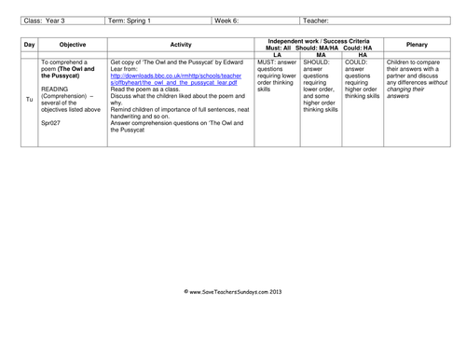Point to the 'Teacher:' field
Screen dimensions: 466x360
[x=317, y=20]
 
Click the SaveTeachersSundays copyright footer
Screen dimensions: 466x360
[x=232, y=292]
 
